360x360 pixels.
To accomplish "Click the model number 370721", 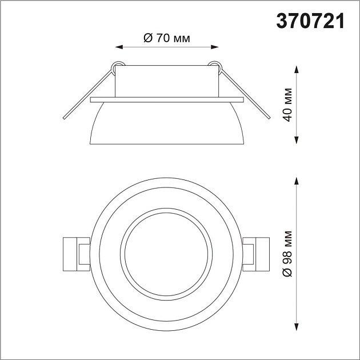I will [x=311, y=21].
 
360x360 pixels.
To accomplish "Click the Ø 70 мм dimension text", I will [x=166, y=38].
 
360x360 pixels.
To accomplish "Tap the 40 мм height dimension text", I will [x=289, y=105].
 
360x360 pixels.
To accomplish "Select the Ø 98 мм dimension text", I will [x=289, y=254].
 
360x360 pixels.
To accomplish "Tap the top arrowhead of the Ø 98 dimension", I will [x=297, y=180].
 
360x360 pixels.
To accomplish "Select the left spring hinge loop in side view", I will [x=118, y=66].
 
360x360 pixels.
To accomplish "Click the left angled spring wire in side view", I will [x=86, y=94].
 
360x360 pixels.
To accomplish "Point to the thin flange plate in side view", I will [x=167, y=100].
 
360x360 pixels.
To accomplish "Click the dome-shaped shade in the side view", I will [x=167, y=123].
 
